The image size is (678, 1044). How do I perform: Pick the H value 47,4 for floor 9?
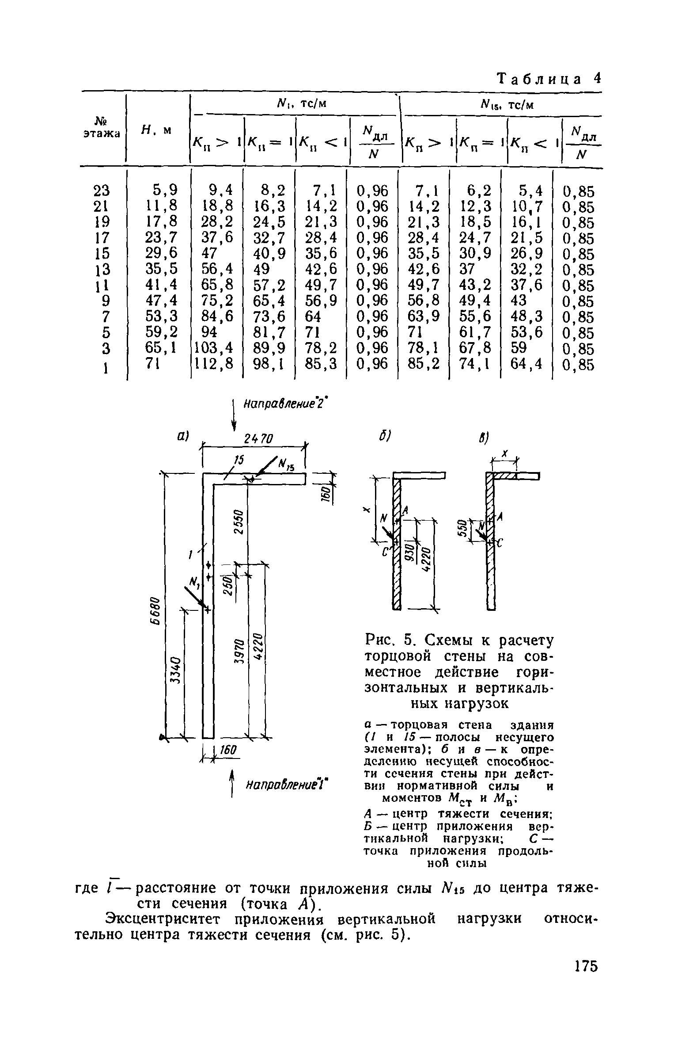pos(161,301)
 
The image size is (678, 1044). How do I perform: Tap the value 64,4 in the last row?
pos(526,364)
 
